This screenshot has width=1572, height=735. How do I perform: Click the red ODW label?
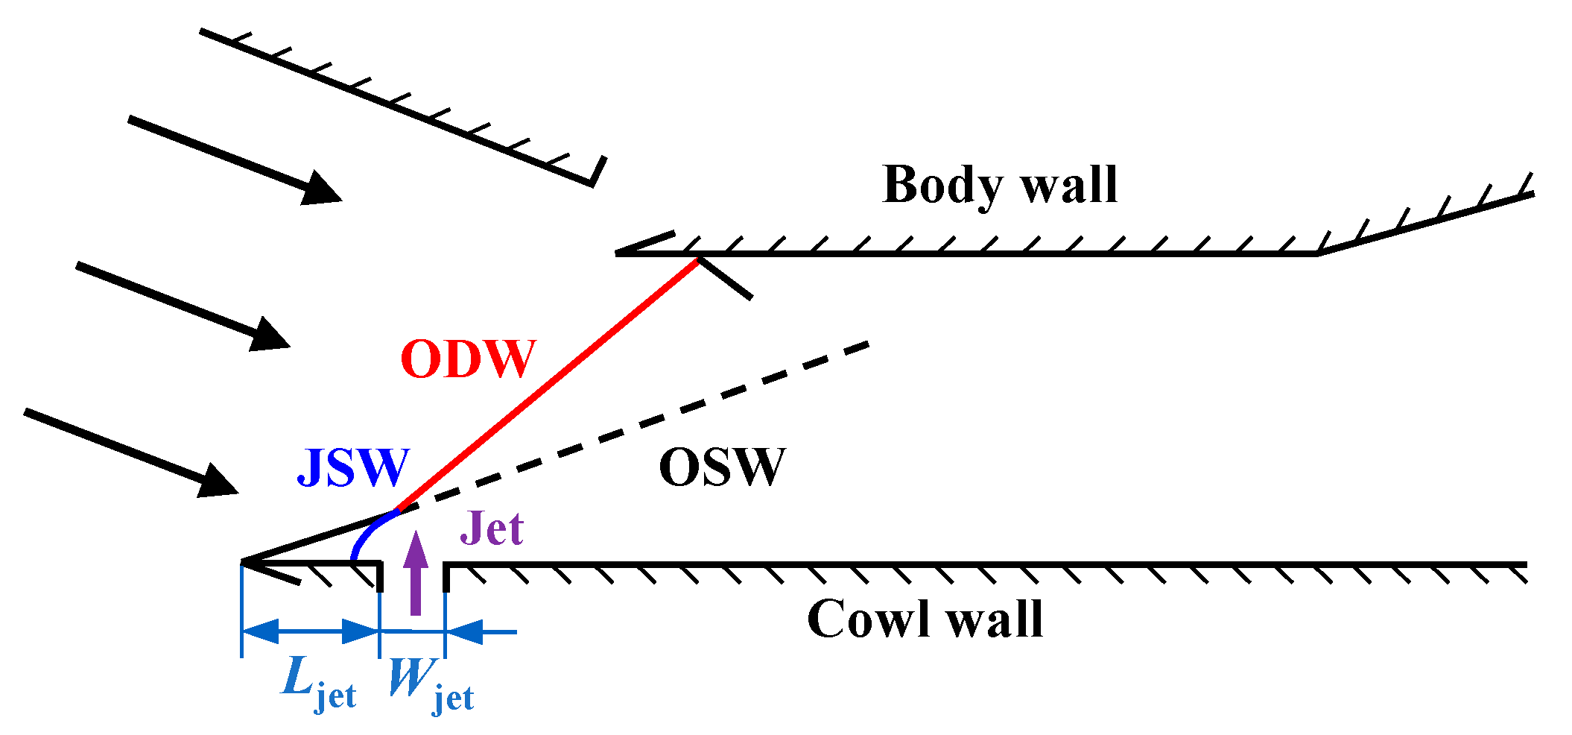click(x=468, y=359)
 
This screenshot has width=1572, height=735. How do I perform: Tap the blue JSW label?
click(x=353, y=467)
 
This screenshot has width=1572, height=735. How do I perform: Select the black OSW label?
click(x=722, y=467)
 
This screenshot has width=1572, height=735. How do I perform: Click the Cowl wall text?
click(x=925, y=619)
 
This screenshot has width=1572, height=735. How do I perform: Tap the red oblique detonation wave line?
click(x=548, y=385)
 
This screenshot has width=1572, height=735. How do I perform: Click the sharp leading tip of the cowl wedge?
click(x=243, y=561)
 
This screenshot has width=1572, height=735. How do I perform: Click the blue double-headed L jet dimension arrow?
click(x=311, y=631)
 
